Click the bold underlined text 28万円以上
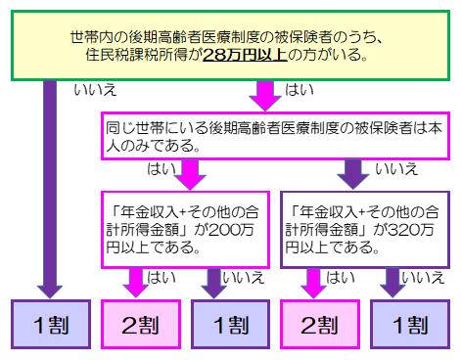[245, 55]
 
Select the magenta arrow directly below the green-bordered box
[265, 96]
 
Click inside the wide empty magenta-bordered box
[274, 136]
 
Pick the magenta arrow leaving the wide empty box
[188, 174]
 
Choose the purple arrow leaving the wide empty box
[352, 174]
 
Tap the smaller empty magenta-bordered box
[185, 229]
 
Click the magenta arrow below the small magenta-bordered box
[137, 283]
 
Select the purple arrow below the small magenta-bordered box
[213, 283]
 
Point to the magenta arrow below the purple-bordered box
[313, 283]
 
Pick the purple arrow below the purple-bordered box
[393, 283]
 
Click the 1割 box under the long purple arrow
[51, 325]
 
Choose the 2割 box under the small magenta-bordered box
[141, 325]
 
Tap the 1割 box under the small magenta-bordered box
[231, 325]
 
